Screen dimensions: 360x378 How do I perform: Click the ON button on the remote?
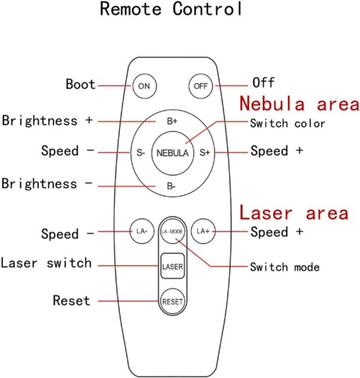pyautogui.click(x=145, y=86)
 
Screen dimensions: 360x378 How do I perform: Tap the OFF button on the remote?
pyautogui.click(x=200, y=86)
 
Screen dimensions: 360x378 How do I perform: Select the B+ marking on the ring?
pyautogui.click(x=172, y=121)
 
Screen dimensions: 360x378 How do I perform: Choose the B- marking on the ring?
pyautogui.click(x=171, y=186)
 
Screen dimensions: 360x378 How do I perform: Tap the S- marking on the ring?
pyautogui.click(x=140, y=152)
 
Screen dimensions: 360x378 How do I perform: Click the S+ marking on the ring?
pyautogui.click(x=205, y=152)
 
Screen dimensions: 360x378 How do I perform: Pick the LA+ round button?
pyautogui.click(x=203, y=231)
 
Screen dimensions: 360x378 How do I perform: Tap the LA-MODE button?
pyautogui.click(x=172, y=232)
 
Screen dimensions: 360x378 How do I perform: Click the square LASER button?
pyautogui.click(x=172, y=266)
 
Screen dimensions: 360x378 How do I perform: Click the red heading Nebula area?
pyautogui.click(x=299, y=104)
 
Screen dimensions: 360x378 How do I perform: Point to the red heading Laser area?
pyautogui.click(x=294, y=212)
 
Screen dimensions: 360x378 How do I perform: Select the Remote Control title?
pyautogui.click(x=171, y=8)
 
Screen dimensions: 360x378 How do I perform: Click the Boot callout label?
pyautogui.click(x=81, y=84)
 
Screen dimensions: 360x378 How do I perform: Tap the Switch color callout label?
pyautogui.click(x=287, y=124)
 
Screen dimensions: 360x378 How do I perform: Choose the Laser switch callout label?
pyautogui.click(x=46, y=263)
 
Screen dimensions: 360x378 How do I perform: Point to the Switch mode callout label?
pyautogui.click(x=285, y=267)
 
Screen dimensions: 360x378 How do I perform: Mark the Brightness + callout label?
pyautogui.click(x=47, y=121)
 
